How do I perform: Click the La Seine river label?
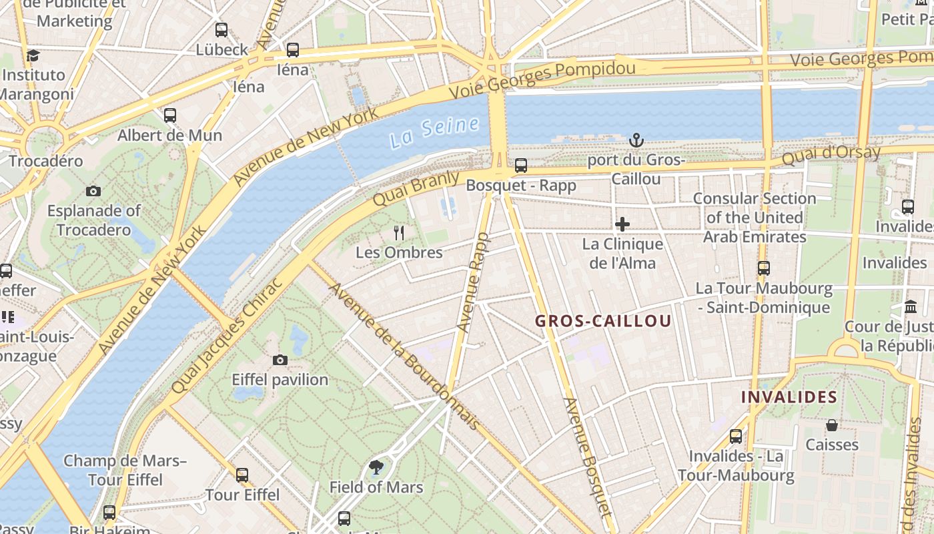pos(435,131)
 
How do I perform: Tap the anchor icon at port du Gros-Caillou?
pos(636,140)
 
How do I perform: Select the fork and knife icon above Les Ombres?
pos(399,232)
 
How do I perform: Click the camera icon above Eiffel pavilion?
pos(280,360)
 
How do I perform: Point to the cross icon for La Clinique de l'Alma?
pos(622,224)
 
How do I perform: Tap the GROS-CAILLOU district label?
pos(603,321)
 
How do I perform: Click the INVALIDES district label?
pos(789,397)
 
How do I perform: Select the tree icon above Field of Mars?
pos(376,467)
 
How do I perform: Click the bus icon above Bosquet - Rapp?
pos(521,165)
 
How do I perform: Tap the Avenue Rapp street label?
pos(473,282)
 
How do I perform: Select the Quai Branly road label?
pos(416,188)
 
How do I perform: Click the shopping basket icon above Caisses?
pos(832,425)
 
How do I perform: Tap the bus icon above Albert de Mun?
pos(170,115)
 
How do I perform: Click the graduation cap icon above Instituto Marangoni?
pos(33,55)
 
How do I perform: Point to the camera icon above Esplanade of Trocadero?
pos(93,192)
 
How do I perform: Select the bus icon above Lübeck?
pos(221,30)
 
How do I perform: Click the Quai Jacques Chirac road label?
pos(227,334)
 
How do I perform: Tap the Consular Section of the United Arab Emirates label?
pos(755,218)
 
